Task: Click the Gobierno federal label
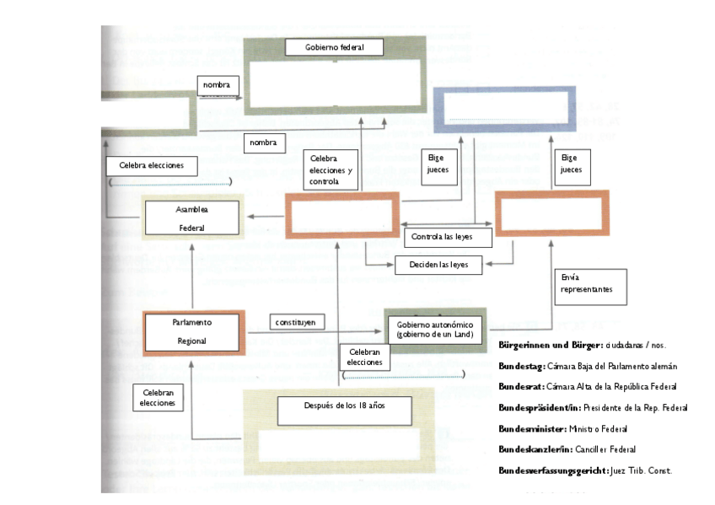tap(335, 48)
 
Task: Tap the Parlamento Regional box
tap(192, 331)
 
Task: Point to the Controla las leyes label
tap(449, 238)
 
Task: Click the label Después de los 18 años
tap(345, 406)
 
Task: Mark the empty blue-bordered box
tap(488, 110)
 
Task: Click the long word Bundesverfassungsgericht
tap(552, 470)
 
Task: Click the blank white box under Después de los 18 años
tap(337, 443)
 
